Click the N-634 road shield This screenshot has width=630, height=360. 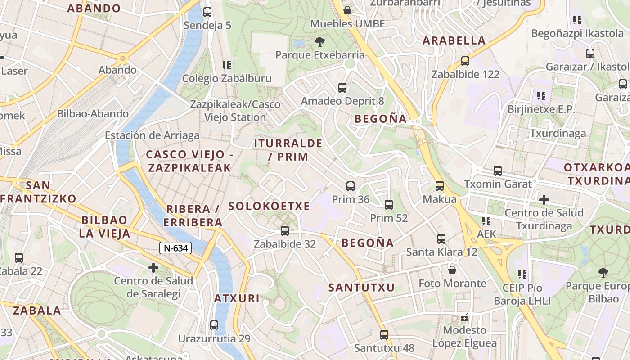click(x=175, y=247)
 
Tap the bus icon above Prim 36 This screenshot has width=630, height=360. click(x=351, y=186)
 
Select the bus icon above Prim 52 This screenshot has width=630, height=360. click(x=389, y=205)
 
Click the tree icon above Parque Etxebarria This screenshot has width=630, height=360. click(x=320, y=42)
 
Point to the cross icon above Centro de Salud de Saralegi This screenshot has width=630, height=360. click(x=153, y=268)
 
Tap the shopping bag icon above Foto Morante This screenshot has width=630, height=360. click(x=452, y=270)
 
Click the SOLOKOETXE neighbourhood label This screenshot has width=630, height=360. click(x=269, y=207)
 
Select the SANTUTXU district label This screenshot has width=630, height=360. click(x=361, y=288)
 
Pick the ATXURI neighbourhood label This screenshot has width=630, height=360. click(x=237, y=298)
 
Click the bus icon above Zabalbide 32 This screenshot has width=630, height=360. click(x=285, y=231)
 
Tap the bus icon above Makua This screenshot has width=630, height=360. click(x=440, y=185)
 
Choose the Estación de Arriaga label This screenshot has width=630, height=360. click(x=152, y=135)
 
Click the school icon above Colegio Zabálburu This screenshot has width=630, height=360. click(x=227, y=65)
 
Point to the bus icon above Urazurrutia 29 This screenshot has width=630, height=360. click(x=214, y=325)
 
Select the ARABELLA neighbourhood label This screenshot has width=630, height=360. click(x=454, y=40)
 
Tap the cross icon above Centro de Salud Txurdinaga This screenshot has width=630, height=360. click(x=544, y=199)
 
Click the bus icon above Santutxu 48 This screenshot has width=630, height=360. click(x=384, y=334)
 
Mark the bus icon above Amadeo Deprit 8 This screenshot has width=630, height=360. click(x=342, y=87)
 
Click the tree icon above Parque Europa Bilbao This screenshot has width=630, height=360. click(x=603, y=272)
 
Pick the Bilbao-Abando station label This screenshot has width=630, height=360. click(x=93, y=114)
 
